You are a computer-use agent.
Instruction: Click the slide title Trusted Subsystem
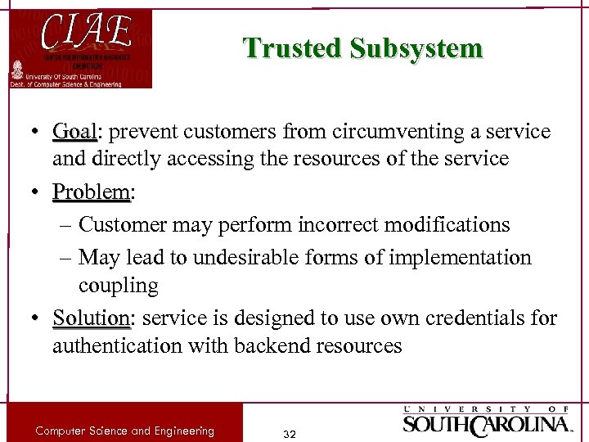[363, 48]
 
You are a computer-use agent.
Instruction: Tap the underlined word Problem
[91, 192]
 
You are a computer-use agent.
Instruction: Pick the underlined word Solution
[90, 318]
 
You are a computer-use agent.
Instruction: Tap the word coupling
[118, 286]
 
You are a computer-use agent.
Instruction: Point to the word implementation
[461, 258]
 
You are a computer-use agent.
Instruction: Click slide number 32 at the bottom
[288, 433]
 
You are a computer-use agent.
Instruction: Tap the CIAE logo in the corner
[80, 48]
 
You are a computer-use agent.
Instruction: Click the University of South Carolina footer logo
[487, 421]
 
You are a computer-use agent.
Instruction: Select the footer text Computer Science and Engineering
[124, 431]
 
